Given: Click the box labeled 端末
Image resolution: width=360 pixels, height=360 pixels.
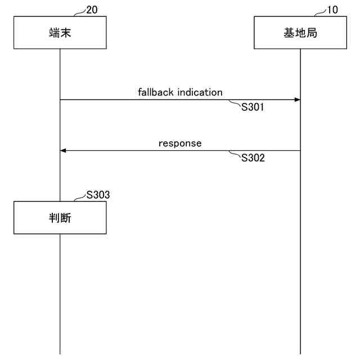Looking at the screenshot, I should [x=60, y=33].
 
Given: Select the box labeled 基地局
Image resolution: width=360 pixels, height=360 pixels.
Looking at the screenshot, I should [x=300, y=33].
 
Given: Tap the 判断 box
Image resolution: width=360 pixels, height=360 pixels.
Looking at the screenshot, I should [x=60, y=218].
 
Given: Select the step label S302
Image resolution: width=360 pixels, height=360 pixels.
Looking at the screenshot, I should [x=253, y=158].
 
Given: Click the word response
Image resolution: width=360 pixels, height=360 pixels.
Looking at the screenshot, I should [x=180, y=143].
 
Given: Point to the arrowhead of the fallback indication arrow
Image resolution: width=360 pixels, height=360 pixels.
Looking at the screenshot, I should [x=297, y=100].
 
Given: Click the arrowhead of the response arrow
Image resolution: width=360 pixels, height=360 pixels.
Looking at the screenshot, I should [x=63, y=151].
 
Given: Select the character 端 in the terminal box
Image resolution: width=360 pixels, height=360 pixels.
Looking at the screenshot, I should [x=53, y=33].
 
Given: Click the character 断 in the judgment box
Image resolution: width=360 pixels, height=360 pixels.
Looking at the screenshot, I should [x=66, y=218].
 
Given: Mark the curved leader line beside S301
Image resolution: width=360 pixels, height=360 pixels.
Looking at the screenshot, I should [x=235, y=103].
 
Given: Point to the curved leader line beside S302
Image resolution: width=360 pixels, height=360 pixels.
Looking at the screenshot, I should [x=235, y=154].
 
